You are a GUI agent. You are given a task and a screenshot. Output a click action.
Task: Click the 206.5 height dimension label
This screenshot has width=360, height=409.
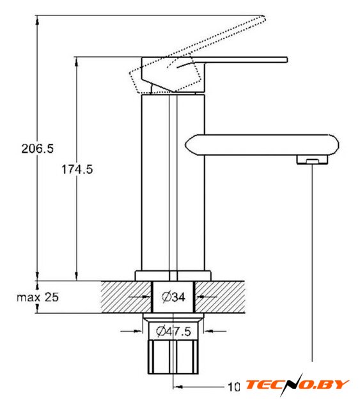point(37,148)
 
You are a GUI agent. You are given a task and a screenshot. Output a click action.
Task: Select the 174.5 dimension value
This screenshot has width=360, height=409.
point(77,169)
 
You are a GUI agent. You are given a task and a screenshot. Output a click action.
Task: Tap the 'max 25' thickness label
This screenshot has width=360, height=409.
point(38,297)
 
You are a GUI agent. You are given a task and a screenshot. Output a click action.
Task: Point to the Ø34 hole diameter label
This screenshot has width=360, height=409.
point(173,297)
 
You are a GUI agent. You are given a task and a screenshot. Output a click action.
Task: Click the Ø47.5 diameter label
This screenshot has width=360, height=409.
point(173,331)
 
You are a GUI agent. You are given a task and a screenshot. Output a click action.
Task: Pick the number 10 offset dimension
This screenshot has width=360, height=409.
point(234,387)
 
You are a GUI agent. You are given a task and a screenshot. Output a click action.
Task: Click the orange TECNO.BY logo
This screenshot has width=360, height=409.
point(297,385)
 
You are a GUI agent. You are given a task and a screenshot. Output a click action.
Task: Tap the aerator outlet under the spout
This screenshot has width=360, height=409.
point(312,160)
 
